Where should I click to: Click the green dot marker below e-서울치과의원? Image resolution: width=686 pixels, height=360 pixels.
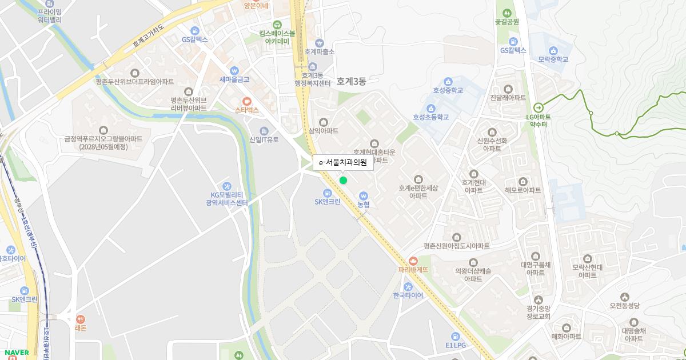(343, 181)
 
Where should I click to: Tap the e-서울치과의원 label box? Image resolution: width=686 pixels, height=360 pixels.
(343, 162)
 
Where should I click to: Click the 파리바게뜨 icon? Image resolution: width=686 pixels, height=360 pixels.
(413, 261)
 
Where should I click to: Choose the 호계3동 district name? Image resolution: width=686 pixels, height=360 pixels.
(350, 81)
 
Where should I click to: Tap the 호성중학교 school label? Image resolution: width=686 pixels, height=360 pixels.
(448, 90)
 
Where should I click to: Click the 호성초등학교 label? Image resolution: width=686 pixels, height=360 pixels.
(431, 117)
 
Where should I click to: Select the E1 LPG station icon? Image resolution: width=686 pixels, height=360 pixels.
(456, 336)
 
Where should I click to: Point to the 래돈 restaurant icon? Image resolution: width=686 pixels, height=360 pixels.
(79, 319)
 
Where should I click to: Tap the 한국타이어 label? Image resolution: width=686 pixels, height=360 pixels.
(408, 295)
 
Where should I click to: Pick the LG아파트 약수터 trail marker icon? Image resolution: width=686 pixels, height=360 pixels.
(538, 107)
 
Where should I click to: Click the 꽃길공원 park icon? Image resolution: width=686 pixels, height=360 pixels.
(506, 13)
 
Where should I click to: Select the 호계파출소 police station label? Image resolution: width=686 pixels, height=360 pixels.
(319, 51)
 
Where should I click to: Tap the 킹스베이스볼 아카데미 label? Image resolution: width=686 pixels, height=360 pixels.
(277, 37)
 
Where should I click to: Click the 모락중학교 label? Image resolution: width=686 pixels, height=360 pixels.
(553, 59)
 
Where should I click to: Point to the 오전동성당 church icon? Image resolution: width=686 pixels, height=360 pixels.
(624, 297)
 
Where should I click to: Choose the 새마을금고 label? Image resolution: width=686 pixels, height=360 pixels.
(234, 79)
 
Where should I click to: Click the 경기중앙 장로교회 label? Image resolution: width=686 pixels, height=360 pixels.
(538, 313)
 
